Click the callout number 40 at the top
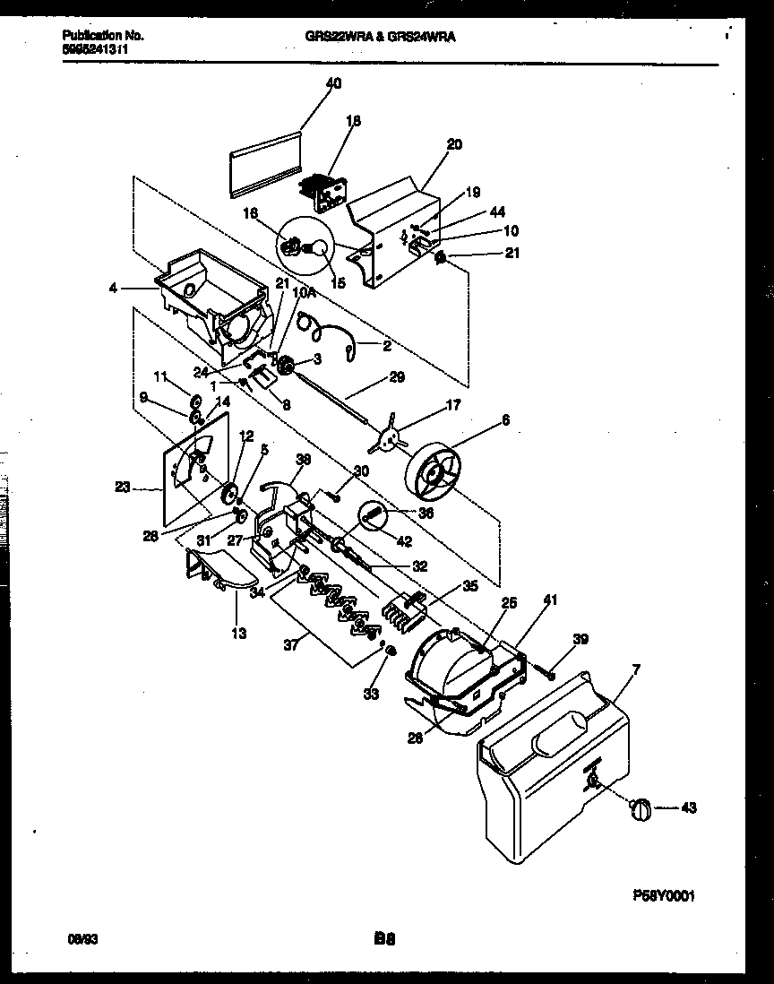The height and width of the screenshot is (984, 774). point(333,82)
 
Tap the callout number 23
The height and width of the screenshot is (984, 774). point(123,488)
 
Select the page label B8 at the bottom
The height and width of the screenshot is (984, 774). point(385,940)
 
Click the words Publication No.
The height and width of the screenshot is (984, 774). point(102,36)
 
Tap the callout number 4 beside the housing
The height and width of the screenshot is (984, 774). point(111,289)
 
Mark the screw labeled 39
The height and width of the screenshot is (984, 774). point(546,668)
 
